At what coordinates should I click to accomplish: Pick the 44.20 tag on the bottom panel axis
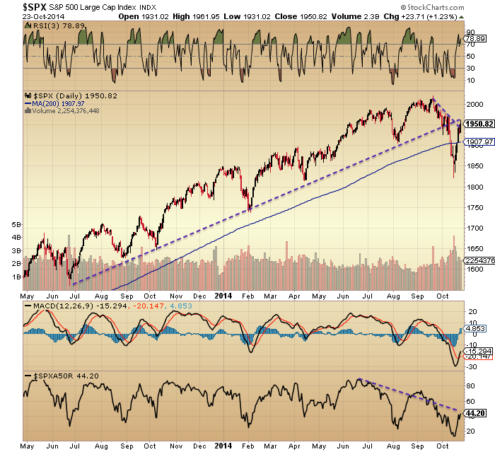click(474, 411)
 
